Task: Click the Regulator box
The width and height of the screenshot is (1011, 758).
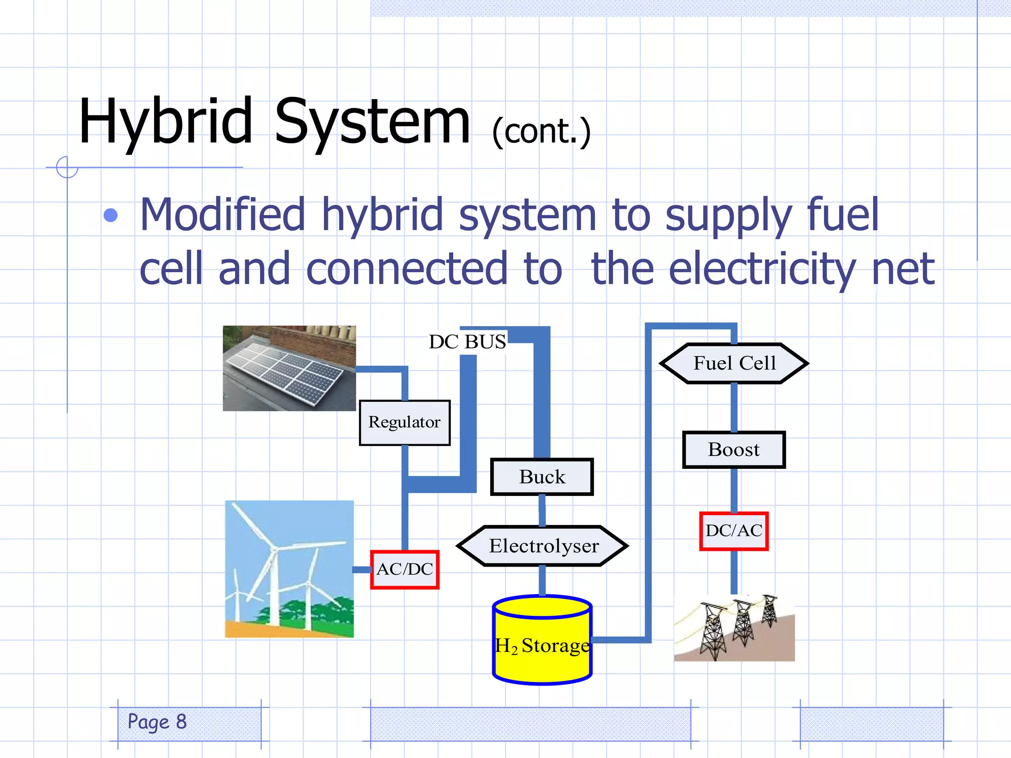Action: pyautogui.click(x=404, y=422)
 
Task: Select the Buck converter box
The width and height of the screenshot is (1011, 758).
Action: pyautogui.click(x=542, y=477)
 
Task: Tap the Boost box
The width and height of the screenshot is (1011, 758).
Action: pyautogui.click(x=734, y=450)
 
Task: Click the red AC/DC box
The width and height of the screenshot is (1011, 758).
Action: pyautogui.click(x=405, y=569)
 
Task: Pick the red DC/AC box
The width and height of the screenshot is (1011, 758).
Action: pyautogui.click(x=734, y=531)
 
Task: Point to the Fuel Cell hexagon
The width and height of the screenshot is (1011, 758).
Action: pyautogui.click(x=734, y=363)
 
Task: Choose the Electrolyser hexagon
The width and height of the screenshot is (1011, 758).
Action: pyautogui.click(x=543, y=546)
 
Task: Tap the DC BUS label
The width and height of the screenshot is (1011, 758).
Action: pyautogui.click(x=467, y=341)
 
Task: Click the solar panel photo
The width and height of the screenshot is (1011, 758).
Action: pyautogui.click(x=289, y=368)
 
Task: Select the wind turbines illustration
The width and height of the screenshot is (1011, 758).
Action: pyautogui.click(x=289, y=569)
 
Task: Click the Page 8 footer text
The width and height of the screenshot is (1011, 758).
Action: pyautogui.click(x=157, y=722)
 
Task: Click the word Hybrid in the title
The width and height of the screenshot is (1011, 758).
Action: pyautogui.click(x=166, y=122)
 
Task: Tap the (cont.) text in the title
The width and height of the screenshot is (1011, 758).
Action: pyautogui.click(x=541, y=132)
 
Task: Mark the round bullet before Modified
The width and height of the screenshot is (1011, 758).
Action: pyautogui.click(x=111, y=215)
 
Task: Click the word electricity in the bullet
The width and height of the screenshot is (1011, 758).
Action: pyautogui.click(x=762, y=269)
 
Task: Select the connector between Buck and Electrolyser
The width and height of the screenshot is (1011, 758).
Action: pyautogui.click(x=542, y=510)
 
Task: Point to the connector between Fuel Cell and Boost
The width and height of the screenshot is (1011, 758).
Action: pyautogui.click(x=734, y=407)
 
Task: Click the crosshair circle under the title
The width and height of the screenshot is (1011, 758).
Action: pyautogui.click(x=67, y=167)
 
